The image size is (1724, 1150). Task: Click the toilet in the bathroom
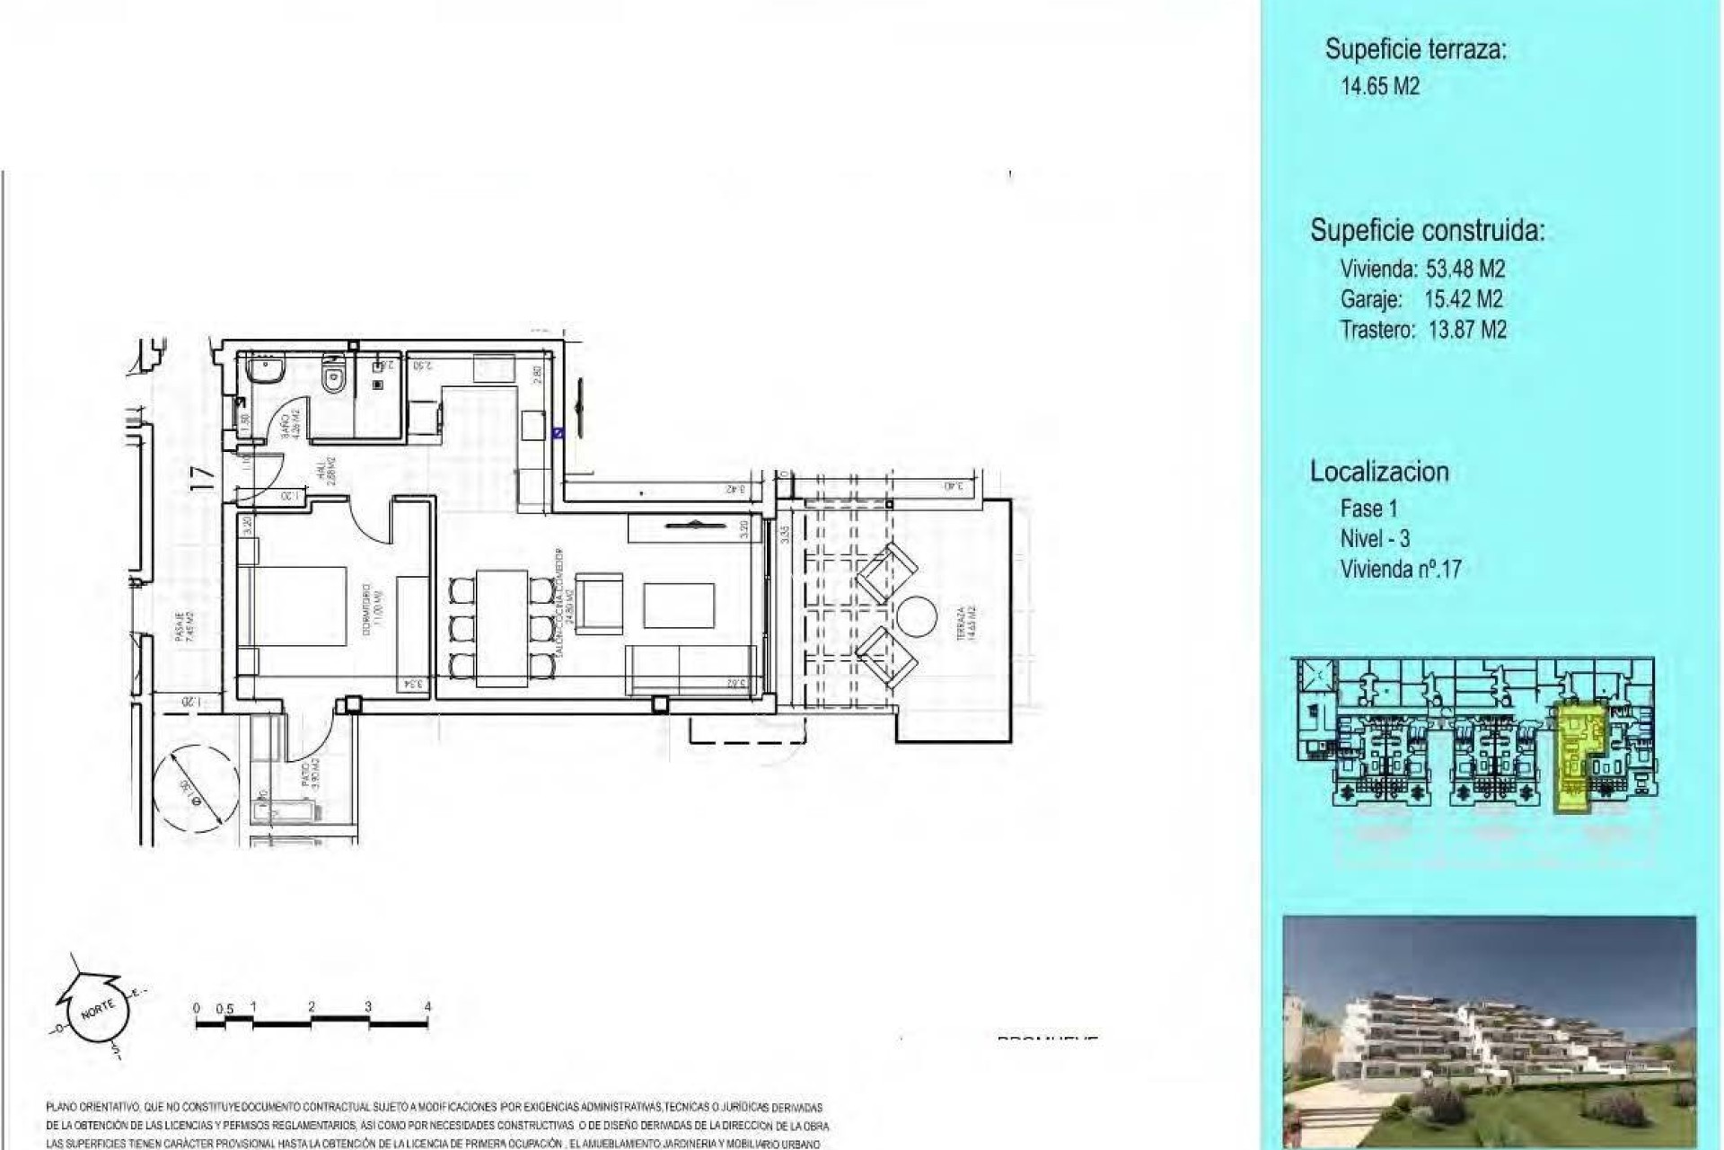(x=333, y=373)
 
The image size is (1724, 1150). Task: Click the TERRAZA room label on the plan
(x=962, y=624)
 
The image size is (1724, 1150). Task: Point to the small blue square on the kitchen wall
(x=557, y=432)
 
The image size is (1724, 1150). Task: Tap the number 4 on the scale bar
(x=427, y=1006)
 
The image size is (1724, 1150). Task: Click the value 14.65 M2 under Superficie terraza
(x=1379, y=87)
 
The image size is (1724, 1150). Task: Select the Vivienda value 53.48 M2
(x=1465, y=269)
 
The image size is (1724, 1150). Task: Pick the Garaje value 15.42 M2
(x=1463, y=299)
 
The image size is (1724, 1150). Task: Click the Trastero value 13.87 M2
(x=1466, y=330)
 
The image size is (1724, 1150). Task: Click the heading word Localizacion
(x=1379, y=472)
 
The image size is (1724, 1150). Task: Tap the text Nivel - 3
(x=1375, y=538)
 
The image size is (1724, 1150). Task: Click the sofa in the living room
(x=694, y=669)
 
